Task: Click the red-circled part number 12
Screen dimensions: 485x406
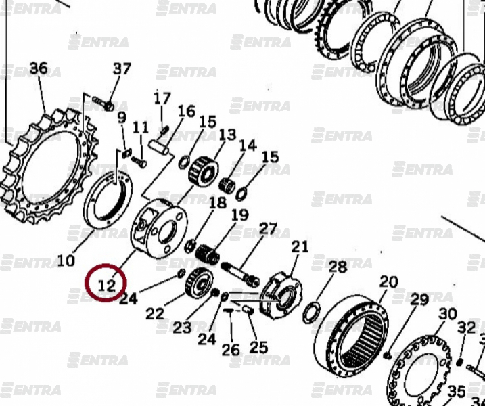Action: click(x=106, y=285)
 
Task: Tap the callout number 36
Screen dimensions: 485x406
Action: click(x=39, y=68)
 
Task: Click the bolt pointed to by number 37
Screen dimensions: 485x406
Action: click(x=103, y=104)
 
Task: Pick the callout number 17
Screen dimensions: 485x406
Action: click(x=162, y=99)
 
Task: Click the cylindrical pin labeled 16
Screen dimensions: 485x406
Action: click(x=158, y=148)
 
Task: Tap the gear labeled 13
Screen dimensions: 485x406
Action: click(x=203, y=171)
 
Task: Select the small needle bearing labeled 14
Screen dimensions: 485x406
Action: click(x=227, y=185)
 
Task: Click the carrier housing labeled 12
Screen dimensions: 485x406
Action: click(x=159, y=229)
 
